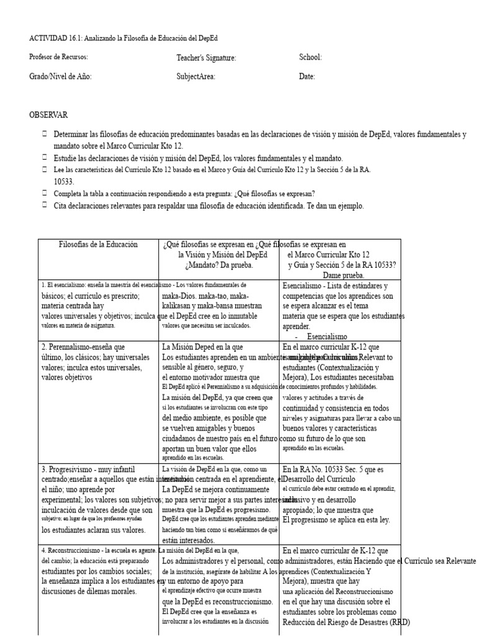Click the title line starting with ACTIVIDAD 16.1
[123, 39]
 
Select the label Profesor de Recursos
[58, 57]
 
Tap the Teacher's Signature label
[206, 58]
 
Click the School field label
[310, 57]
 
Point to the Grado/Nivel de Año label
[60, 76]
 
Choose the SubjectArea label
[196, 77]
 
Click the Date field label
[307, 77]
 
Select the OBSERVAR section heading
[48, 115]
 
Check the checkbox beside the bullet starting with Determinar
[45, 134]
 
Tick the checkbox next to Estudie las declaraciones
[45, 158]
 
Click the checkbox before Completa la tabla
[45, 193]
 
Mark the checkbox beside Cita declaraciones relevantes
[45, 205]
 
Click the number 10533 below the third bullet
[65, 181]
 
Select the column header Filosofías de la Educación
[98, 245]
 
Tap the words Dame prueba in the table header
[343, 275]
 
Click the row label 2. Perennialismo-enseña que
[83, 347]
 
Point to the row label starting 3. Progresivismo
[88, 469]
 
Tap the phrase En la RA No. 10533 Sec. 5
[333, 470]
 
